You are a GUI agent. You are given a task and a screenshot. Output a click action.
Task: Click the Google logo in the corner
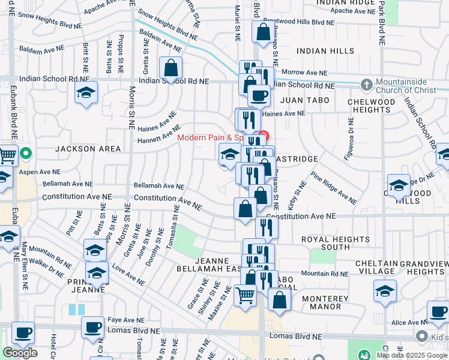click(20, 353)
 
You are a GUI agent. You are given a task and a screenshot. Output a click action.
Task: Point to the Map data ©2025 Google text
click(412, 355)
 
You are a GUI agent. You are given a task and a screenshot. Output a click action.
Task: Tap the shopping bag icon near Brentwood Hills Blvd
click(263, 32)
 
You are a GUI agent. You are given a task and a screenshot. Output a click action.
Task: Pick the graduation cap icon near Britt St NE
click(86, 93)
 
